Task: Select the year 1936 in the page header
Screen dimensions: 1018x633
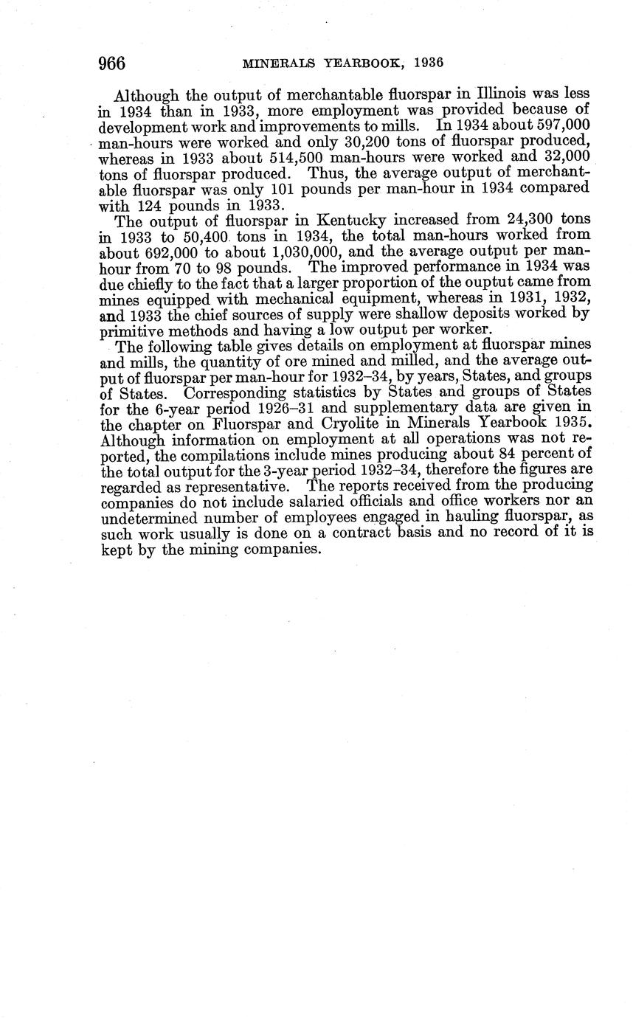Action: (x=429, y=63)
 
